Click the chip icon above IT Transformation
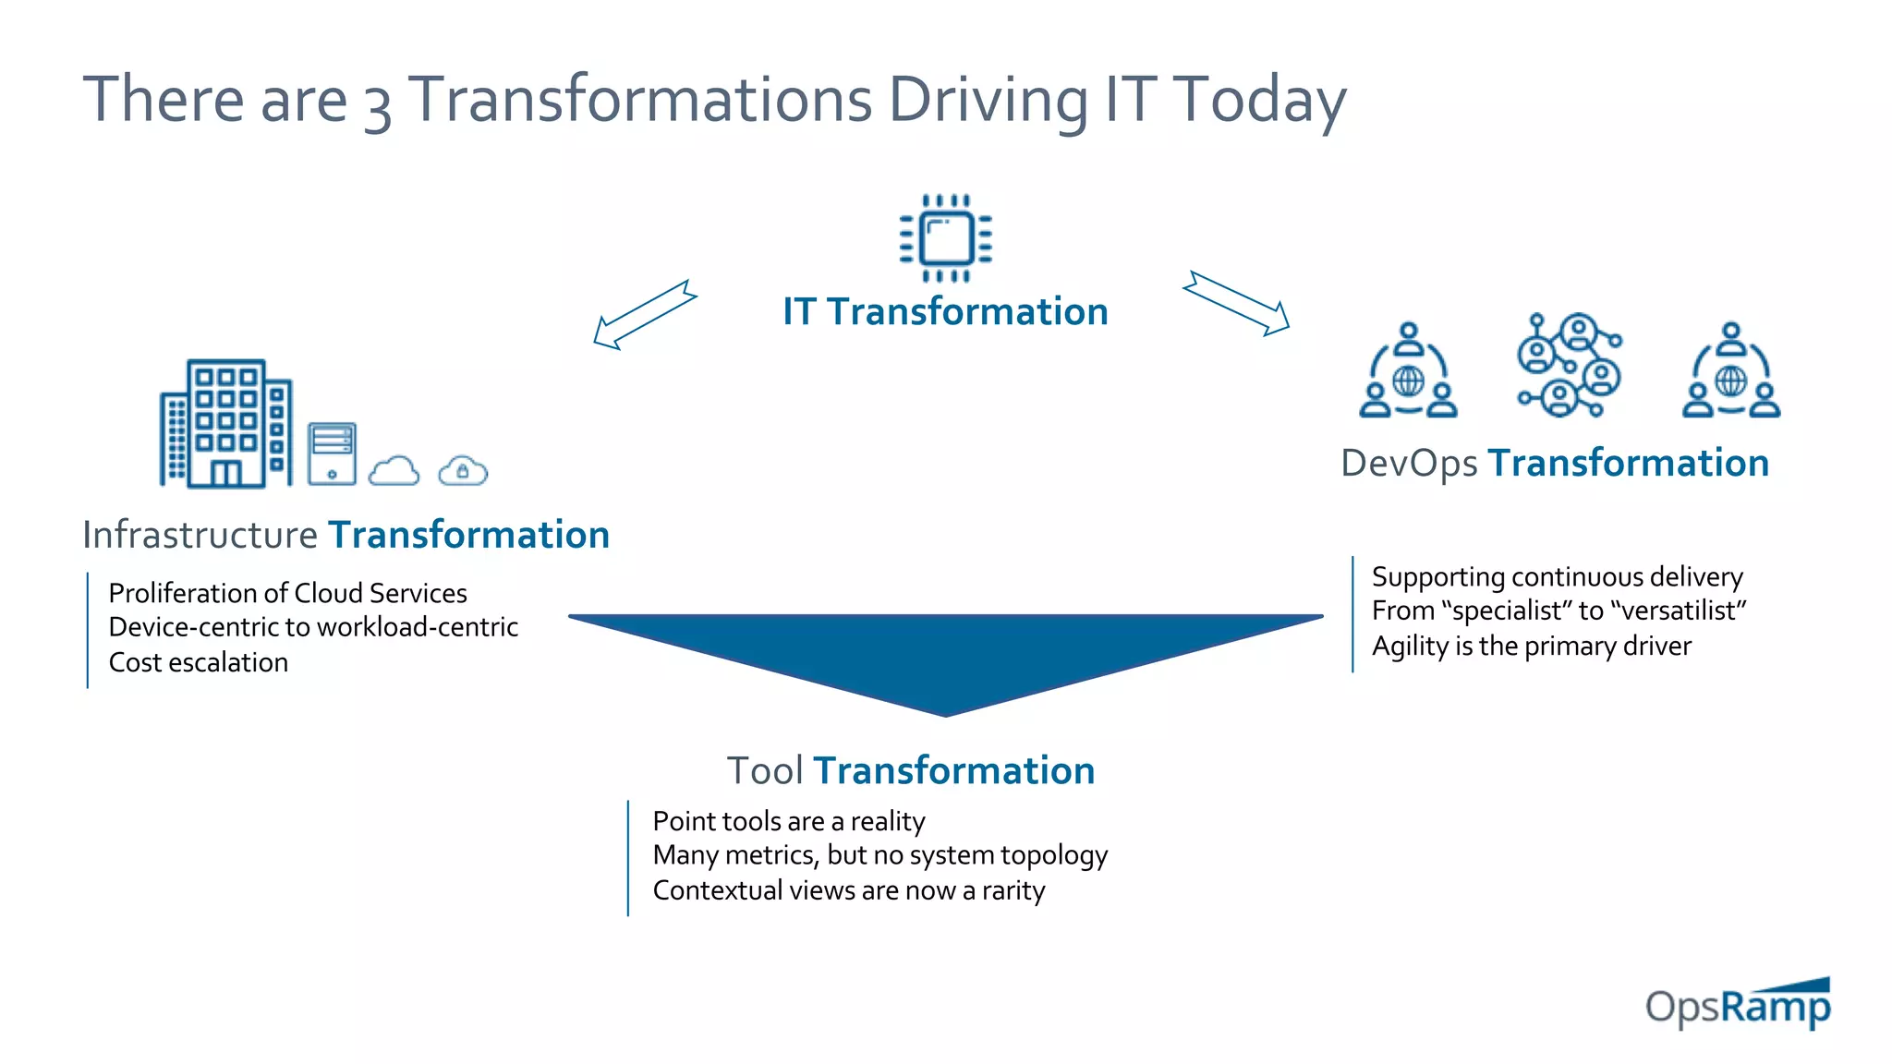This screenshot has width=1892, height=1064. point(946,237)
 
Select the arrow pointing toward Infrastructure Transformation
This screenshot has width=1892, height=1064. point(644,315)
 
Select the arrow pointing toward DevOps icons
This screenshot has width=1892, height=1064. point(1236,303)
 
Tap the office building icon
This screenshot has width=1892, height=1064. point(226,424)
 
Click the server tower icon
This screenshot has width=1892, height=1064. point(332,453)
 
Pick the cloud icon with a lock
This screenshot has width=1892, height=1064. point(463,471)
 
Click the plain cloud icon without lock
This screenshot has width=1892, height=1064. point(394,471)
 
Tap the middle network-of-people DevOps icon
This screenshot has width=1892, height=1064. point(1569,366)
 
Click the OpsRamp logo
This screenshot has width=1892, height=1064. point(1738,1004)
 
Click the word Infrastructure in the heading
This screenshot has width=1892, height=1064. point(200,535)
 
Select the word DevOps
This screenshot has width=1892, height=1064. point(1408,464)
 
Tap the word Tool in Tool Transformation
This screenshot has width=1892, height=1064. point(764,770)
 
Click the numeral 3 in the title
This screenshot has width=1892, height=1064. point(377,104)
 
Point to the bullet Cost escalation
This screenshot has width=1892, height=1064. point(198,662)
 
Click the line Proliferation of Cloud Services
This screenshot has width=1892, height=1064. point(287,593)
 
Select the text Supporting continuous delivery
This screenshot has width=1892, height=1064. point(1557,577)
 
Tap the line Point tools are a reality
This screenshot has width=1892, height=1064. point(788,821)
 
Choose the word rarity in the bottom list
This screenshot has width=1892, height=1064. point(1013,890)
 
